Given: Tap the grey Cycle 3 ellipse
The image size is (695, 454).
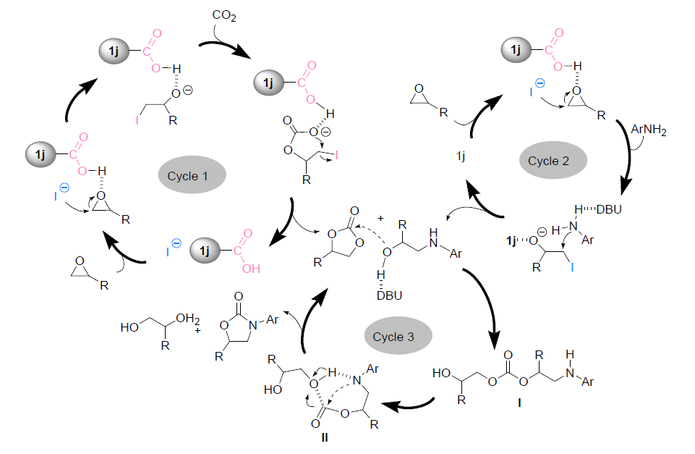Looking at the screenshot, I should (397, 336).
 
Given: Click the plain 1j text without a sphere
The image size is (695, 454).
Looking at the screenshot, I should (460, 156).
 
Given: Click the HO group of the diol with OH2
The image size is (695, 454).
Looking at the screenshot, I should (131, 327).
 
